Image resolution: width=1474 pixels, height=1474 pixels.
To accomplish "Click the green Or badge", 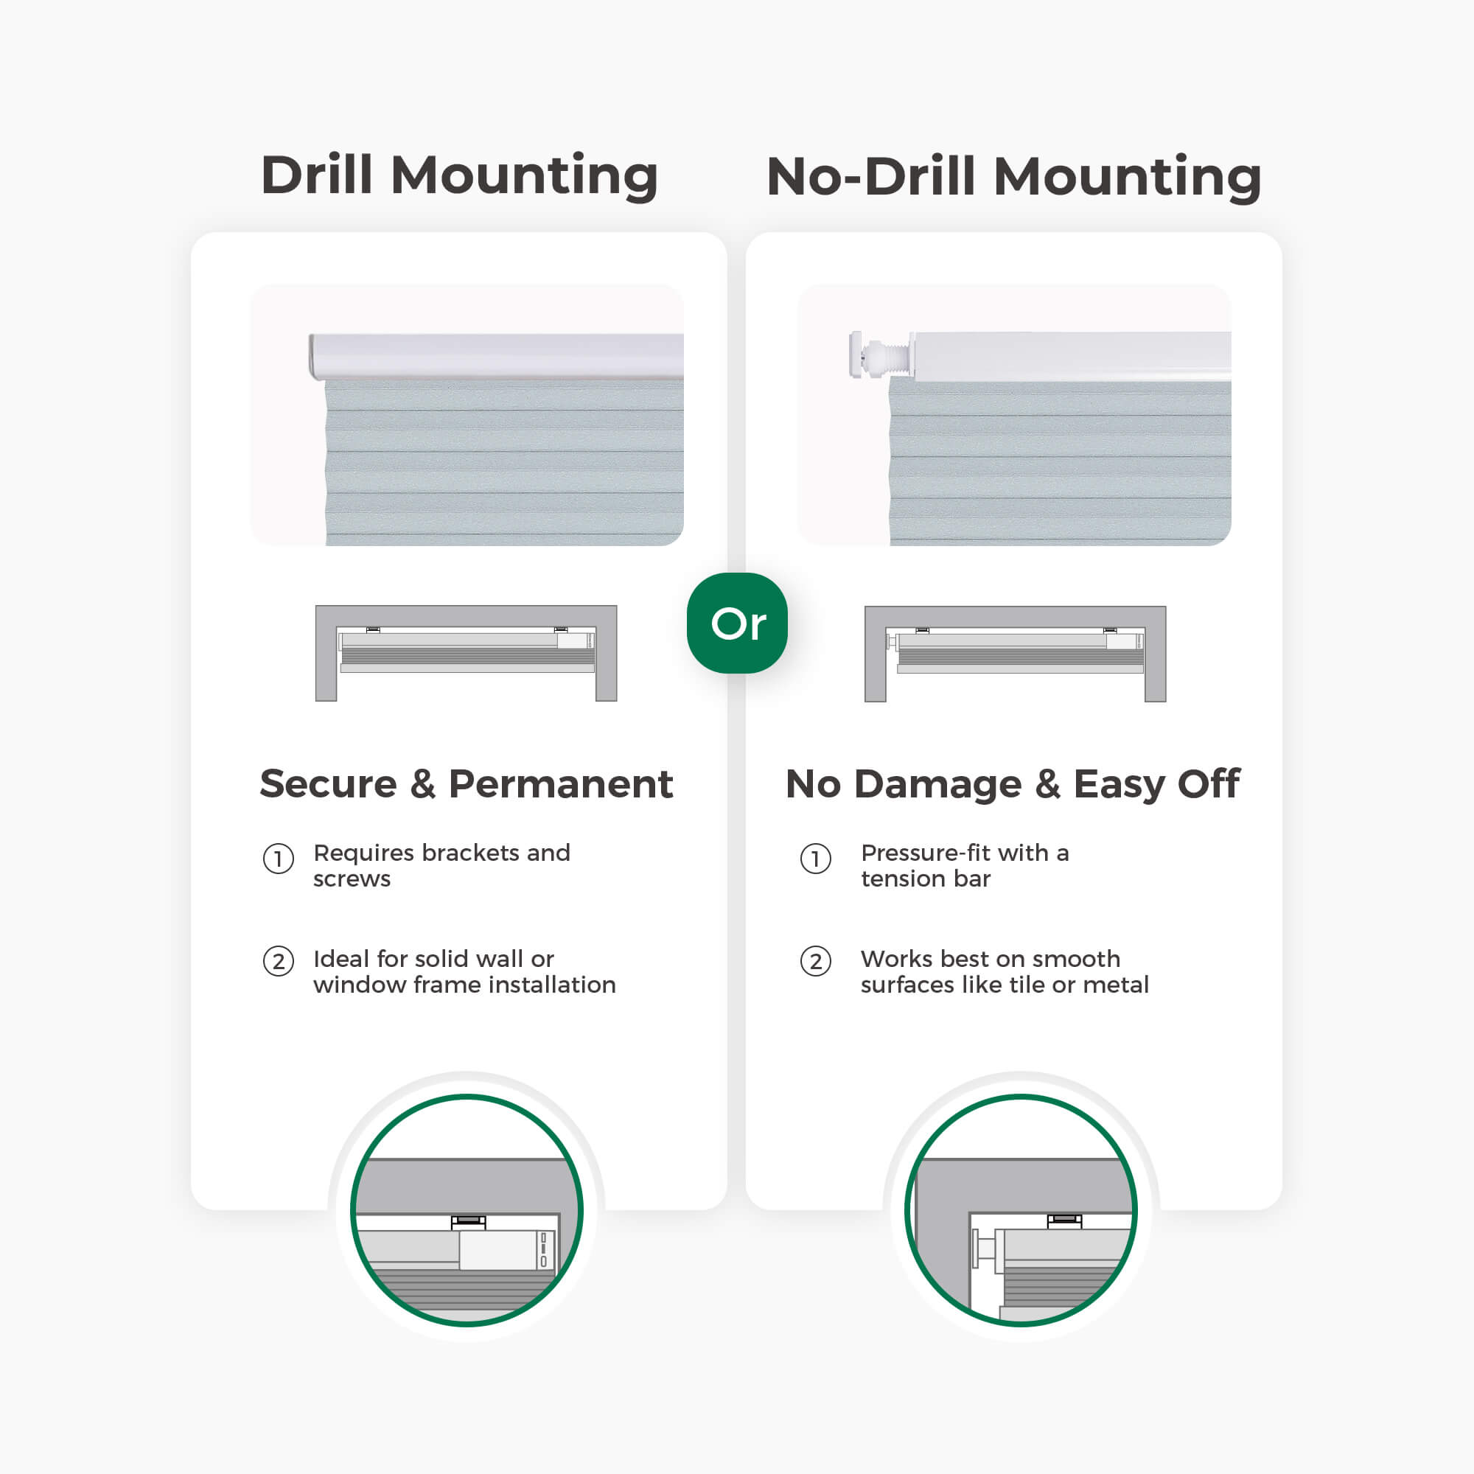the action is (x=737, y=623).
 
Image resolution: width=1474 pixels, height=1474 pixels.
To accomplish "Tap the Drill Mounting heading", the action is (x=459, y=176).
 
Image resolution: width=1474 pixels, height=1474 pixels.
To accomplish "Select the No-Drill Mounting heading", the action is (x=1014, y=176).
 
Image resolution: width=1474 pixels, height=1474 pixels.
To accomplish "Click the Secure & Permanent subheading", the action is (x=467, y=783).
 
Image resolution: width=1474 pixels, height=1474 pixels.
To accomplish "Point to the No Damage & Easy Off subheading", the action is (x=1013, y=785).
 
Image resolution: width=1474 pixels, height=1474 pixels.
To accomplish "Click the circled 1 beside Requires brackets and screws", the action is (x=279, y=859).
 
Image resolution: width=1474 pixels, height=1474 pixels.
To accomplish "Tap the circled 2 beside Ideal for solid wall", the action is (x=279, y=961).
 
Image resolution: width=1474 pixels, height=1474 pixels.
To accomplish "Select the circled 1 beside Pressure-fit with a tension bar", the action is (x=816, y=859).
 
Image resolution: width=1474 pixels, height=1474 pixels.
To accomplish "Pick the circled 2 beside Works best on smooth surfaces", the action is (x=816, y=961).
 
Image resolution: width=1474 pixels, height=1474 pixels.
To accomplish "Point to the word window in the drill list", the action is (x=360, y=985).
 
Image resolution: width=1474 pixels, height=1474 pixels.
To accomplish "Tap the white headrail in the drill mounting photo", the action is (x=496, y=355).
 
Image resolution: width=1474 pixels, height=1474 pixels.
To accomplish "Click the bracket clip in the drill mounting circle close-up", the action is (x=469, y=1222).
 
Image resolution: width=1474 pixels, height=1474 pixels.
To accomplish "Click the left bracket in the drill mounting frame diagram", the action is (x=373, y=629).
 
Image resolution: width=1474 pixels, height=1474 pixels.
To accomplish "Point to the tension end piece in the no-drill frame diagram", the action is (x=890, y=641).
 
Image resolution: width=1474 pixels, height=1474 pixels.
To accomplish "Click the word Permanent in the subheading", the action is (x=561, y=783).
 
